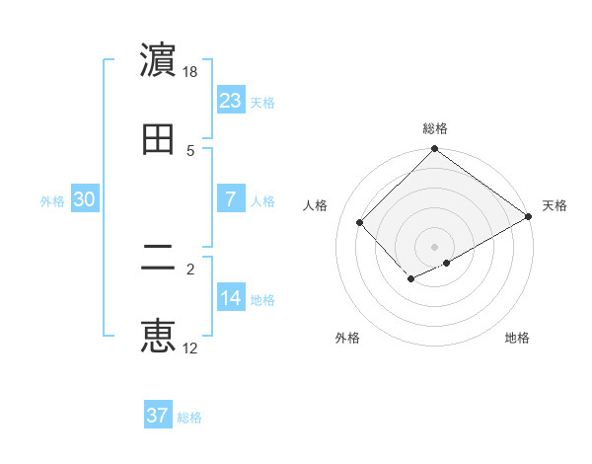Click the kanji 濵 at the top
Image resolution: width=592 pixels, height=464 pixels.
(x=158, y=61)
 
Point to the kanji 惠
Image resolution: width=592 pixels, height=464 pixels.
(x=158, y=337)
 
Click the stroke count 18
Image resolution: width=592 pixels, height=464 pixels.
(x=190, y=72)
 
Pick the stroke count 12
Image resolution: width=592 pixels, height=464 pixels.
(x=190, y=348)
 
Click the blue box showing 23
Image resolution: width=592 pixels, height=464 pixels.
(x=230, y=100)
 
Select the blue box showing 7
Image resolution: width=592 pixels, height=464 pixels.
(x=230, y=199)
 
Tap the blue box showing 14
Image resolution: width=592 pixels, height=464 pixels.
(x=230, y=298)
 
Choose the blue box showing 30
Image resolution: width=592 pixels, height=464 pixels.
(x=85, y=199)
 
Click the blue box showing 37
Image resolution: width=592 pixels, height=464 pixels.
(x=157, y=416)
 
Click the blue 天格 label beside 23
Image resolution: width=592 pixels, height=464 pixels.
(x=262, y=102)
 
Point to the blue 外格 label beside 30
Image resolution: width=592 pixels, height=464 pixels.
(x=52, y=201)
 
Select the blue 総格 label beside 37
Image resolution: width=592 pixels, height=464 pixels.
(x=189, y=418)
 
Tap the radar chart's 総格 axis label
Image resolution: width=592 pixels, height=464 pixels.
(x=435, y=128)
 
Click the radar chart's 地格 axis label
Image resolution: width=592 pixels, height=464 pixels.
(x=517, y=338)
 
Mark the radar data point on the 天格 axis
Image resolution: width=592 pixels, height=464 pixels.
(x=529, y=217)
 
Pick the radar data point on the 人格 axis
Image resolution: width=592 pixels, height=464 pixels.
(x=360, y=222)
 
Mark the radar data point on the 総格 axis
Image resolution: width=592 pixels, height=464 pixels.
(x=435, y=149)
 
